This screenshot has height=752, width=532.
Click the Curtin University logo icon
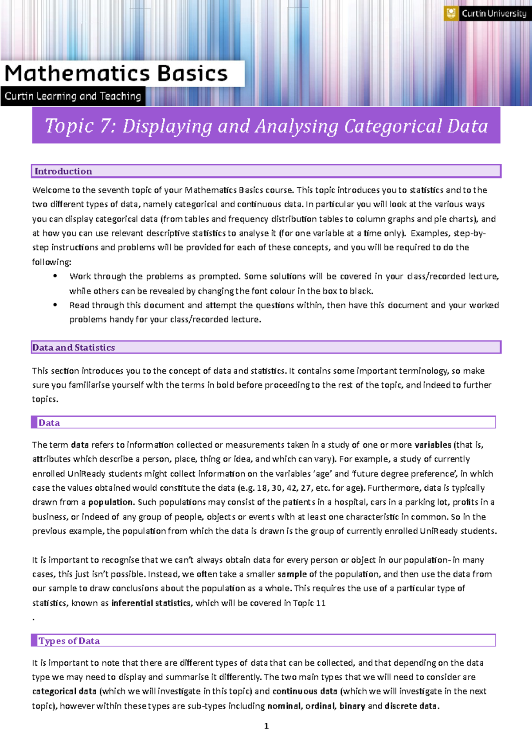451,13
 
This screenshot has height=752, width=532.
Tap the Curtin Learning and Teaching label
73,96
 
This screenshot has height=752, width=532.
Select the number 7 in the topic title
105,126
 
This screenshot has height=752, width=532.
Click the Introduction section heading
63,171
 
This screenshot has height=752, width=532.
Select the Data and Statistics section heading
74,348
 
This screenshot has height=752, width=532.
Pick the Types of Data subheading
69,641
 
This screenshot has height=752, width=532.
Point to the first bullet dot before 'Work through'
55,276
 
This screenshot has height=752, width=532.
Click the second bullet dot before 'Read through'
55,305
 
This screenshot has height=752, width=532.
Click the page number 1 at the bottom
266,726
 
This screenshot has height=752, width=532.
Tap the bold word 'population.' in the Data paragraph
111,502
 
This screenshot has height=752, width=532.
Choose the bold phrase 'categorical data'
64,691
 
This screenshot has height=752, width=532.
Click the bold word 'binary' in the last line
352,706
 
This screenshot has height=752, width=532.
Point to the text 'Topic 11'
309,603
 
